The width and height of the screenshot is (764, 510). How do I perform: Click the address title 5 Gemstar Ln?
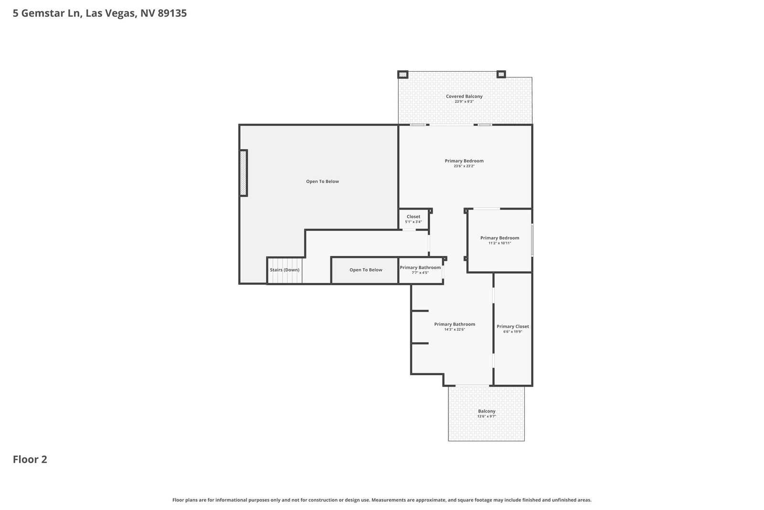pos(47,13)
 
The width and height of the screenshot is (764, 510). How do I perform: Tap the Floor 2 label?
pos(30,459)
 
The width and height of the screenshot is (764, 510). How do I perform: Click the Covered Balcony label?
pos(464,96)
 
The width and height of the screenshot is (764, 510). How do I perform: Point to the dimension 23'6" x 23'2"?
pos(464,166)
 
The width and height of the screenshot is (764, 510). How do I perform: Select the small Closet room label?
pos(414,217)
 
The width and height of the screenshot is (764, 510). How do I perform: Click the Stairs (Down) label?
pos(285,270)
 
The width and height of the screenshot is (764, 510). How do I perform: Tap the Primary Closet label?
pos(513,326)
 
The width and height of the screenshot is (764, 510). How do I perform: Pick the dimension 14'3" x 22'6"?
pos(455,329)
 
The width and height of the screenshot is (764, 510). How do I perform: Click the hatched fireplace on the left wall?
pos(243,173)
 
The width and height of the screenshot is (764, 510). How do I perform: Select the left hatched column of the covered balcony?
pos(403,75)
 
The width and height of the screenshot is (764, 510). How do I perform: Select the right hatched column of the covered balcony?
pos(501,74)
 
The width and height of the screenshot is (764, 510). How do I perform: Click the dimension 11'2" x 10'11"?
pos(499,243)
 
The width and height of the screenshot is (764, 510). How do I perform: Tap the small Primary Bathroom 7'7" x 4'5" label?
pos(420,270)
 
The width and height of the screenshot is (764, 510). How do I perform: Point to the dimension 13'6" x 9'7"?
pos(487,416)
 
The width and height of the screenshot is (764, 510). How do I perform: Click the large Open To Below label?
pos(322,181)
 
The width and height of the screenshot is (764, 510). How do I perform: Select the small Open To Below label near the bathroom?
pos(366,270)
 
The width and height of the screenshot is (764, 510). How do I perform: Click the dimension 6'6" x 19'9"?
pos(513,331)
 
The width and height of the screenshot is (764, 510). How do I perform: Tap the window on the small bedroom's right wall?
pos(532,240)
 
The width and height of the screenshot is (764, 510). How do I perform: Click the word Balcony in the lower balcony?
pos(487,411)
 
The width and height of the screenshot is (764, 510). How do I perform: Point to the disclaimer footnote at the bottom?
pos(382,500)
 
